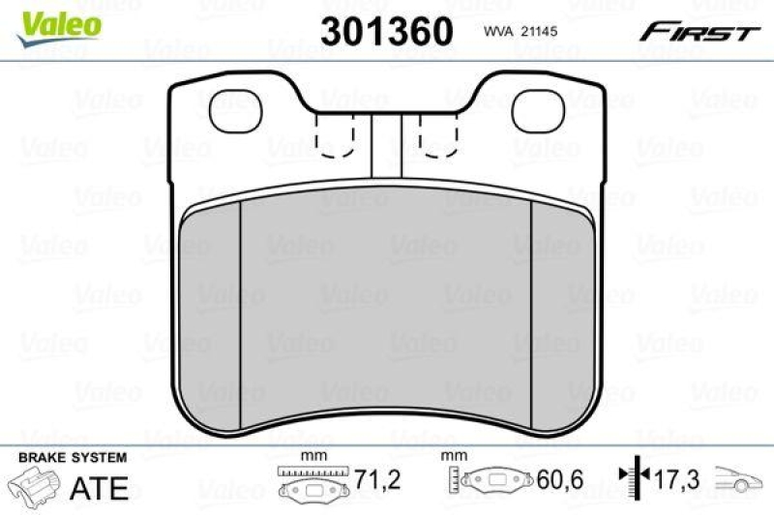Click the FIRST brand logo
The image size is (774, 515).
[698, 32]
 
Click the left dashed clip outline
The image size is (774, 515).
[336, 132]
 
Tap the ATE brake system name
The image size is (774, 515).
[100, 488]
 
